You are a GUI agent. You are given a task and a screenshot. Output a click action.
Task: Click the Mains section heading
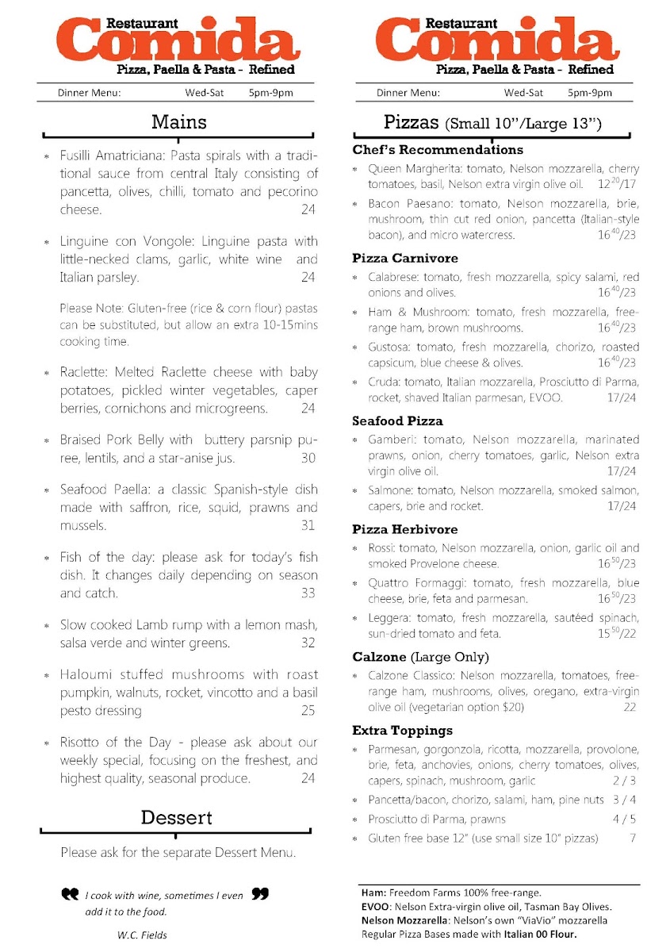(x=179, y=122)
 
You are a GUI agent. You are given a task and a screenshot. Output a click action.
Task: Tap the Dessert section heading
(x=176, y=817)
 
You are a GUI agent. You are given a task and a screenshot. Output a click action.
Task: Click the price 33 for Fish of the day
(x=308, y=593)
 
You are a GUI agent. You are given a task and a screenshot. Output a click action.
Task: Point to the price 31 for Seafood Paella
(x=308, y=525)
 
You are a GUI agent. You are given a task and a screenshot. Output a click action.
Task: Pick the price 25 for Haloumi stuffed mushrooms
(x=308, y=711)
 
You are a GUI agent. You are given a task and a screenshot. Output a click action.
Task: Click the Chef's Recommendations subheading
(x=438, y=150)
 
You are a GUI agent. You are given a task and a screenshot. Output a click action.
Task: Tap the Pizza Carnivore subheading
(x=405, y=259)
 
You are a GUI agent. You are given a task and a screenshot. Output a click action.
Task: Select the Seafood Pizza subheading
(x=397, y=420)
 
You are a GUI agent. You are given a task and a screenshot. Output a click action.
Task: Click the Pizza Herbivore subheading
(x=405, y=529)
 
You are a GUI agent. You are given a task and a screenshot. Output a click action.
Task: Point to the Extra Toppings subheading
(x=403, y=730)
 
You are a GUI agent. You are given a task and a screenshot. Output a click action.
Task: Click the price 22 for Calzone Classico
(x=630, y=707)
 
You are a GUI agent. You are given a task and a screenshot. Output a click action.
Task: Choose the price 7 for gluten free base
(x=633, y=839)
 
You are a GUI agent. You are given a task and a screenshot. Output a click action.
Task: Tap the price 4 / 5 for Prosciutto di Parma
(x=624, y=820)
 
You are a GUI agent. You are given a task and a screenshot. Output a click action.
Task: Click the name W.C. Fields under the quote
(x=142, y=935)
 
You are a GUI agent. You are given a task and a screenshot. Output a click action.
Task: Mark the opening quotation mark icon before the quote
(x=70, y=894)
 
